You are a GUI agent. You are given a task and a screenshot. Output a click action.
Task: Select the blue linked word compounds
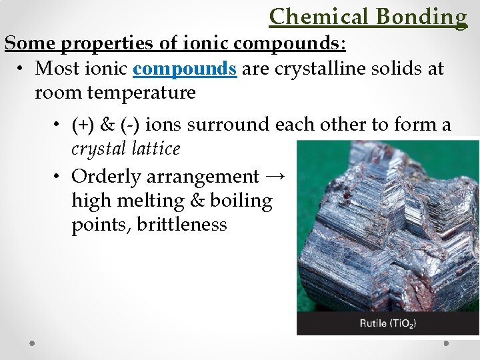(185, 68)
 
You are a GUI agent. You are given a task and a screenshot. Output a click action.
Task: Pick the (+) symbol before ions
(83, 125)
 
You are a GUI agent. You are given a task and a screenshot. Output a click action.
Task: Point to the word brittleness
(181, 225)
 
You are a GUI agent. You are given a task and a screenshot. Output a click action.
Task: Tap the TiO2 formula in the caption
(404, 324)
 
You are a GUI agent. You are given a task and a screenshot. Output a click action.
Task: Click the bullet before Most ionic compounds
(22, 69)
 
